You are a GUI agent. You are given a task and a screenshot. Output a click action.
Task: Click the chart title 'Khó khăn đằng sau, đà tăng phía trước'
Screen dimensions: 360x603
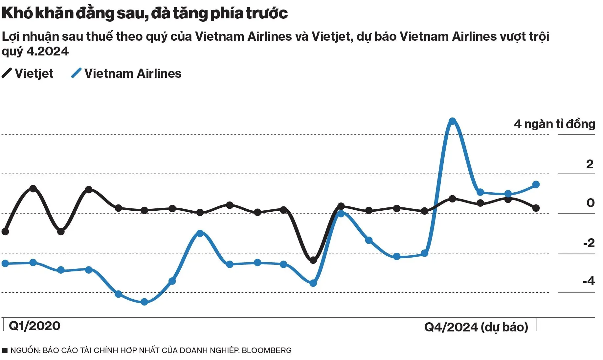(145, 13)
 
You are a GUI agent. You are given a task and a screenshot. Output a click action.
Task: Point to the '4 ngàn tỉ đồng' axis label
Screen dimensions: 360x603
(554, 124)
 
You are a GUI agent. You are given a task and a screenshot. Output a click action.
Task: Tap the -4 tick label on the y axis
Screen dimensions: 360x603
(589, 281)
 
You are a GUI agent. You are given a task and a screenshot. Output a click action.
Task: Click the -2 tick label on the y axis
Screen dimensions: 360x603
(589, 243)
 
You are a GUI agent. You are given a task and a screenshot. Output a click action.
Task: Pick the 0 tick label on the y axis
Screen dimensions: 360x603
(590, 203)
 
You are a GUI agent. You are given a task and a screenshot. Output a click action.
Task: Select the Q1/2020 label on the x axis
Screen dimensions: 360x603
(34, 326)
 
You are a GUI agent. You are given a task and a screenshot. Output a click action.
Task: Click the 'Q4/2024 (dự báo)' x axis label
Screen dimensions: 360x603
(476, 327)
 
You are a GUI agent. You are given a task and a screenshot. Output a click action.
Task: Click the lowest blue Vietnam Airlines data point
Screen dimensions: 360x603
(144, 302)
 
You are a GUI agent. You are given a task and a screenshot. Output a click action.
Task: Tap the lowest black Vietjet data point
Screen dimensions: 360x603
(313, 260)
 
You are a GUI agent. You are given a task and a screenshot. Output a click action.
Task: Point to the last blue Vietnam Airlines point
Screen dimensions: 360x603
(536, 184)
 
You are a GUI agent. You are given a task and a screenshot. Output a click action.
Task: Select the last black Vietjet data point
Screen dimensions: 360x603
(536, 208)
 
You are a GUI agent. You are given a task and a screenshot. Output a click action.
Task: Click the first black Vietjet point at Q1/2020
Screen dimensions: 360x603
(5, 232)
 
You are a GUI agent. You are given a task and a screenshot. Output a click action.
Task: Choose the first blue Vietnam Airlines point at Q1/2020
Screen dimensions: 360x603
(5, 263)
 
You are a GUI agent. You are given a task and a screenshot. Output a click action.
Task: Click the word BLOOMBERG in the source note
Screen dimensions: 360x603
(266, 350)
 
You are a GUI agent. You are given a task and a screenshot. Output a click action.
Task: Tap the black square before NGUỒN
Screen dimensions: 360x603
(5, 350)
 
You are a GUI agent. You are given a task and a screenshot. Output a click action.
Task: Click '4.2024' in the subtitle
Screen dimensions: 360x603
(48, 51)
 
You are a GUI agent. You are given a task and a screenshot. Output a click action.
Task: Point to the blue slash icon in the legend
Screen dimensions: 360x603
(76, 73)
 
